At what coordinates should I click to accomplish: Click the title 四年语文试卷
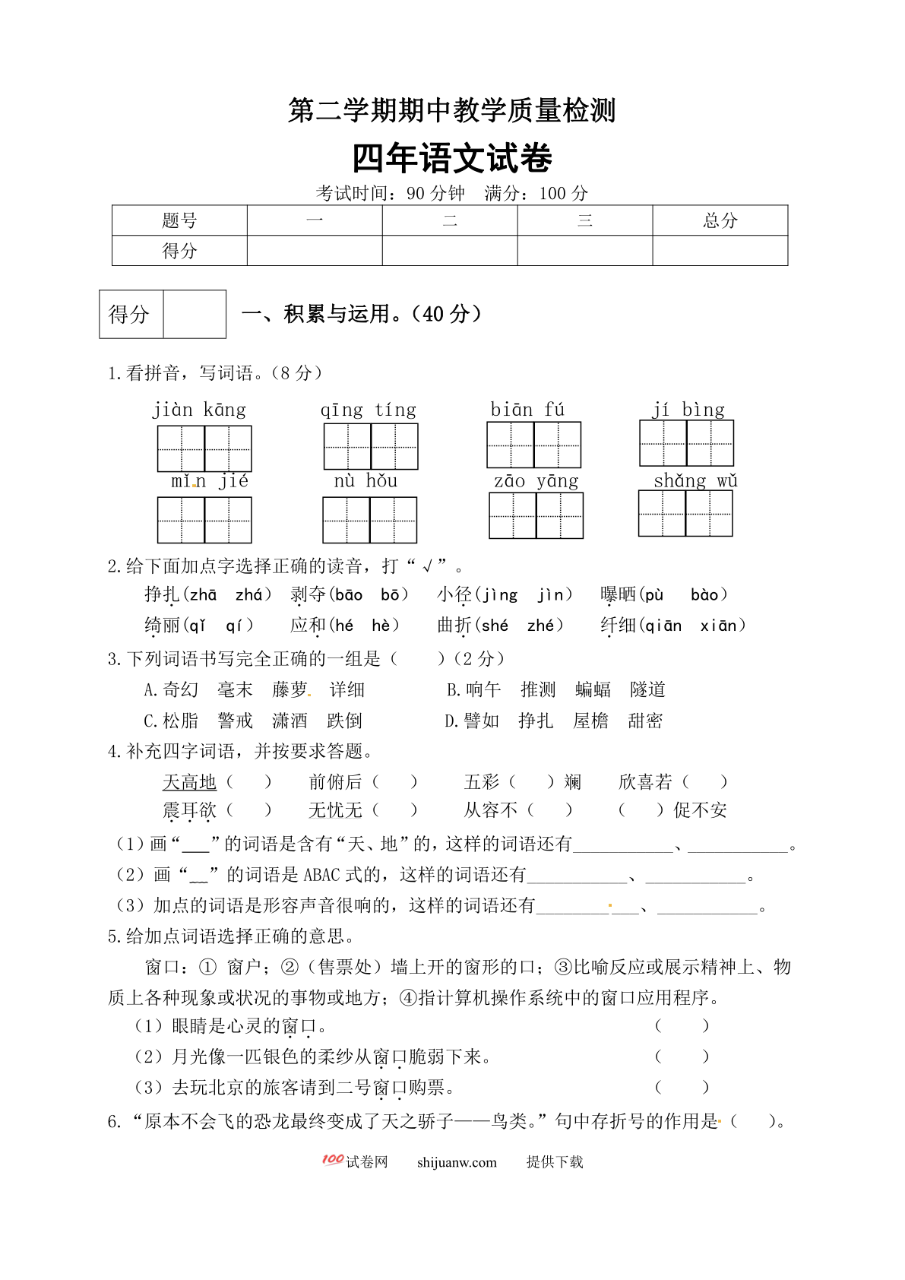452,158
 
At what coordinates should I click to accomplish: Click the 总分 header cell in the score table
720,220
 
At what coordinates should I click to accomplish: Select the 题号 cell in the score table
179,220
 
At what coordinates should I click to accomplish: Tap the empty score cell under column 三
584,251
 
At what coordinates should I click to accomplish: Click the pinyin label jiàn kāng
199,410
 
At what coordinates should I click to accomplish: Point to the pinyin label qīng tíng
369,410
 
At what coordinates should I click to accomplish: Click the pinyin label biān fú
527,410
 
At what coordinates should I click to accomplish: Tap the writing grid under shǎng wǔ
685,514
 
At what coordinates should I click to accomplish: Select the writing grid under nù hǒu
369,520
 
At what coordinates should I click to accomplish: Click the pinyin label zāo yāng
536,480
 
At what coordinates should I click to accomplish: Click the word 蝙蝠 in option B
593,689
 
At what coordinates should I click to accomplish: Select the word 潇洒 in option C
290,721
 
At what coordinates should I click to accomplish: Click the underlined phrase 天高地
189,781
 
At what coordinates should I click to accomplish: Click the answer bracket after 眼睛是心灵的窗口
682,1026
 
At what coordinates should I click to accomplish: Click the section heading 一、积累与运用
361,314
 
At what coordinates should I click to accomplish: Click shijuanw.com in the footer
457,1162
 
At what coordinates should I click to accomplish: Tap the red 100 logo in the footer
333,1160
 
